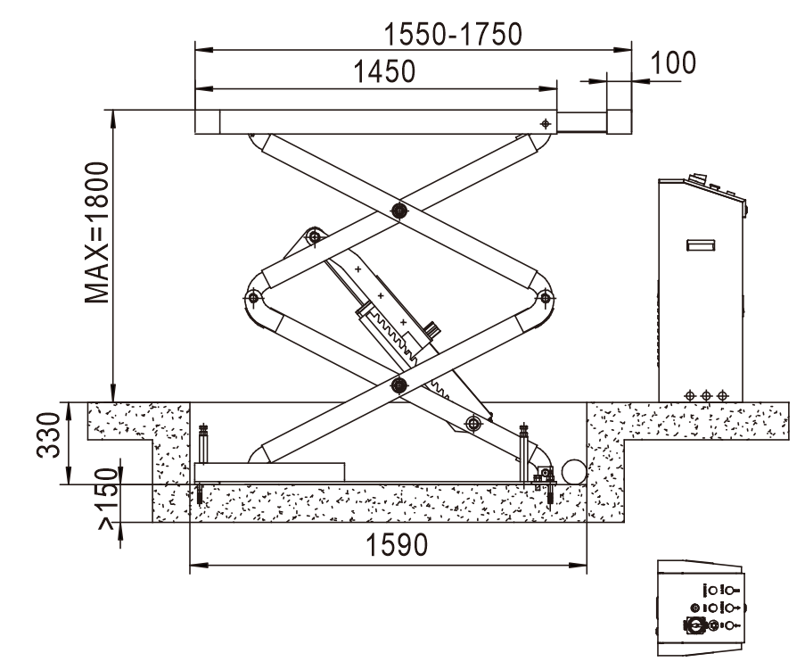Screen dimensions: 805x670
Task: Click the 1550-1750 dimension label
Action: [x=453, y=35]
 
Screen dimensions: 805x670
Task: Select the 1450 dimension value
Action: [x=384, y=71]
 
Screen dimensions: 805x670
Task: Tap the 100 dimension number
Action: [x=673, y=63]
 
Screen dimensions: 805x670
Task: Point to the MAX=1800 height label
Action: [x=97, y=232]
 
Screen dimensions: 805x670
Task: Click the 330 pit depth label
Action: [x=49, y=434]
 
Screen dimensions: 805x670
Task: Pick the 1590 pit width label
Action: [x=397, y=545]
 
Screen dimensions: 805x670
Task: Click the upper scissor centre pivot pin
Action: [x=398, y=211]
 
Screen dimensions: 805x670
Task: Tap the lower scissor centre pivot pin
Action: [x=398, y=385]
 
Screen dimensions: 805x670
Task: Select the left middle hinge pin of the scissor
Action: [x=252, y=297]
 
